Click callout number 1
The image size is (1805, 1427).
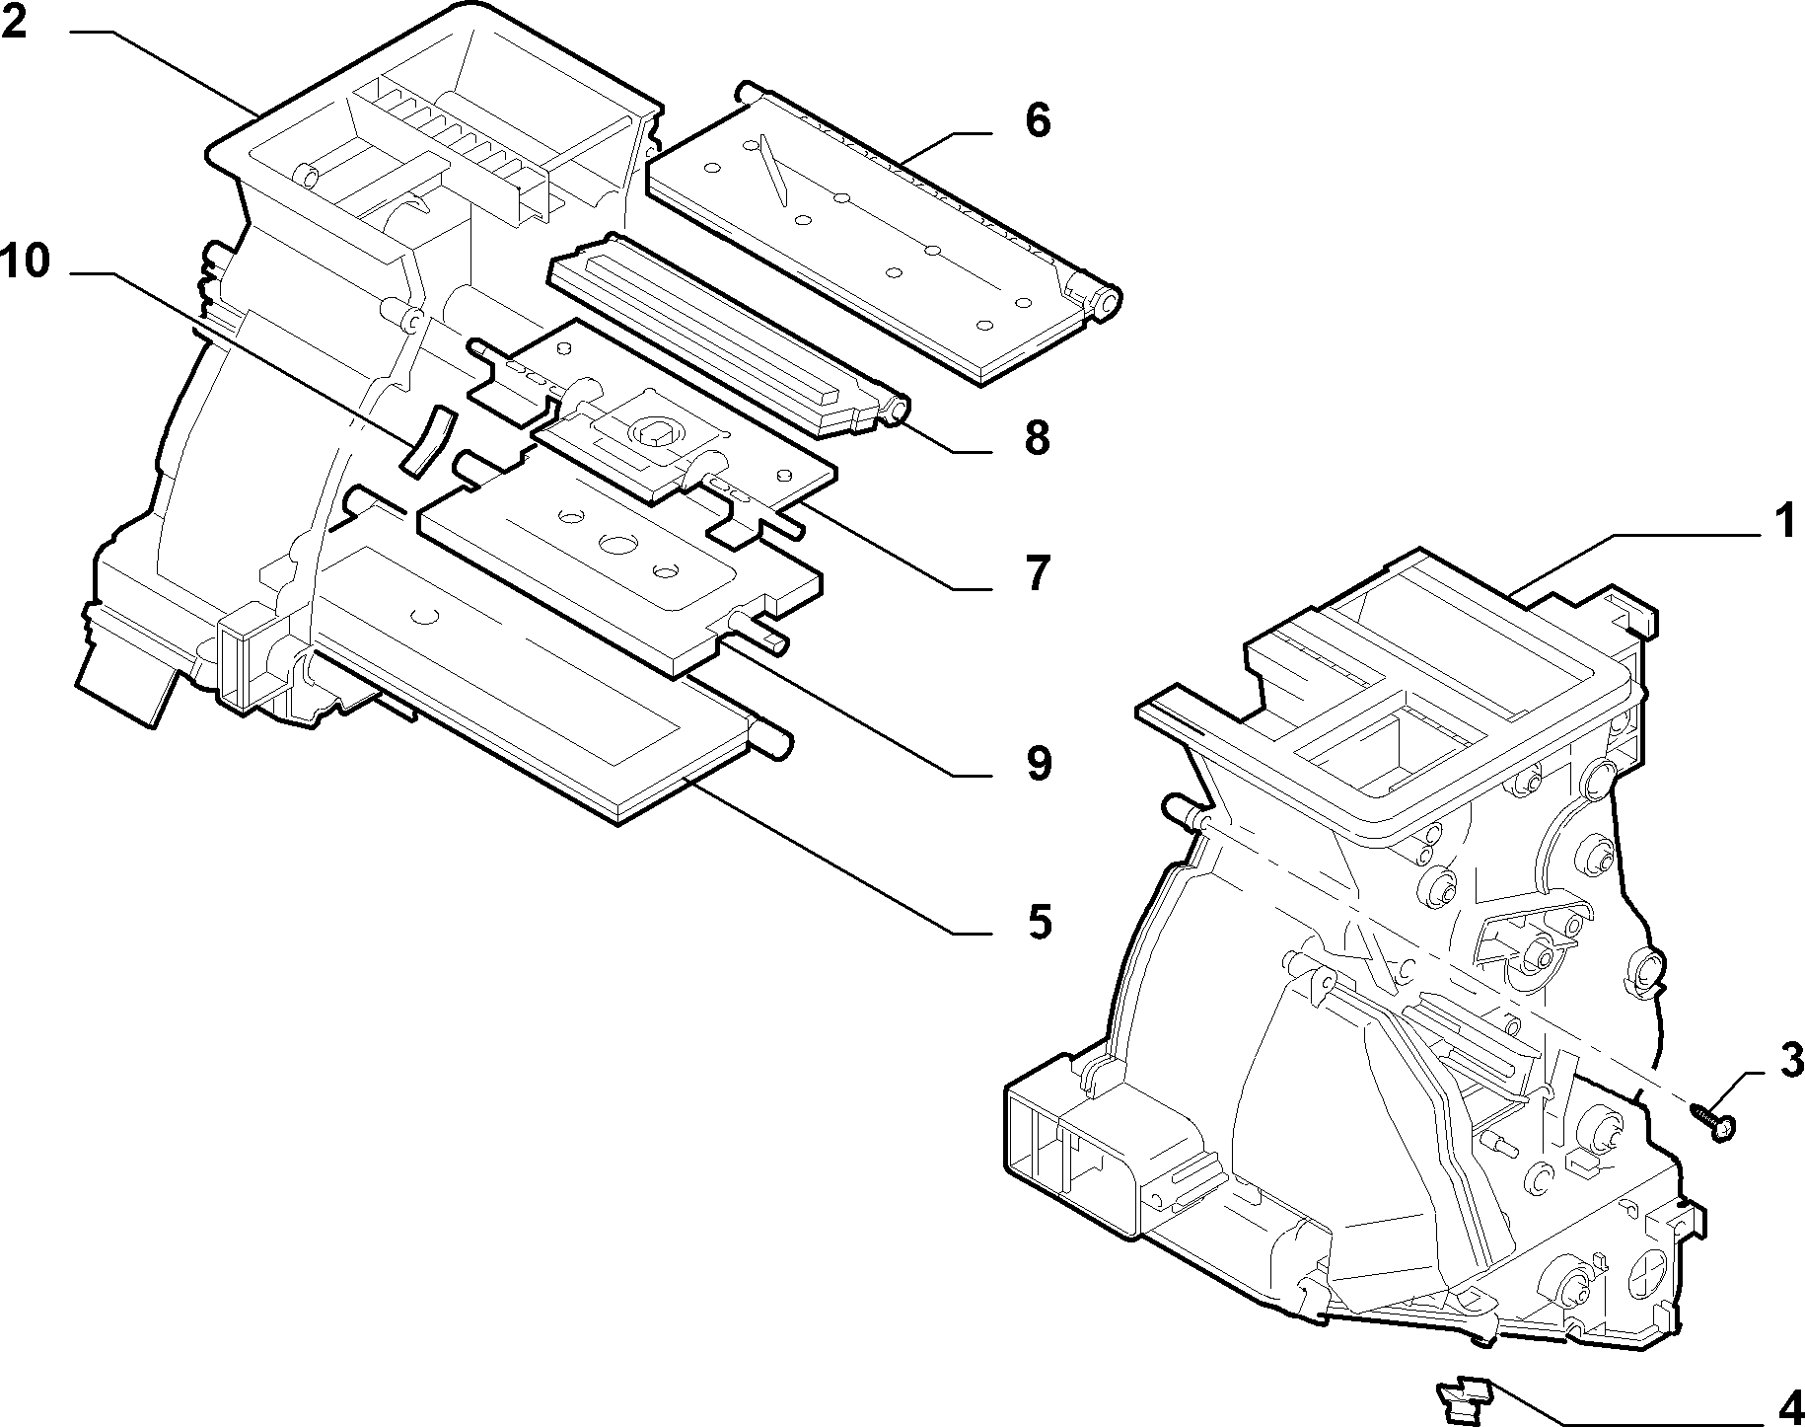[1784, 520]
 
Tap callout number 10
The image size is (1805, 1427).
[25, 262]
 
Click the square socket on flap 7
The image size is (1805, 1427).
[652, 429]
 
